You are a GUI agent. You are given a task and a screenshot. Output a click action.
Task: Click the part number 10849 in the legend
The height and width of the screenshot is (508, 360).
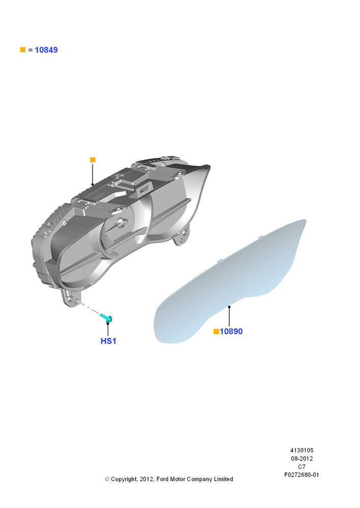click(x=46, y=50)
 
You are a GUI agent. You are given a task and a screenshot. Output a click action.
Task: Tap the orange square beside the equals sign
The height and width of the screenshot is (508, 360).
click(x=23, y=50)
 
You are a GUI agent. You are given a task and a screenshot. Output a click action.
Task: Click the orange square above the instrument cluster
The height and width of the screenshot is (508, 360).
click(x=93, y=160)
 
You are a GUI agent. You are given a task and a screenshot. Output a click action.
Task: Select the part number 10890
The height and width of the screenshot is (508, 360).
click(x=231, y=331)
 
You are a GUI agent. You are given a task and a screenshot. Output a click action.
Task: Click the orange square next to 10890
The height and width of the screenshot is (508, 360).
click(x=216, y=331)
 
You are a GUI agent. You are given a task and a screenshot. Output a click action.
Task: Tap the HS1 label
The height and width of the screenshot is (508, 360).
click(x=108, y=341)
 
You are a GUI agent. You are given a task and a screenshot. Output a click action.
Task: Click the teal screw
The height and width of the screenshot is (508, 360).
click(x=106, y=318)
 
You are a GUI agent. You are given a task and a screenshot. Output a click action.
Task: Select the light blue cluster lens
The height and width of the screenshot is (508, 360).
click(x=227, y=285)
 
